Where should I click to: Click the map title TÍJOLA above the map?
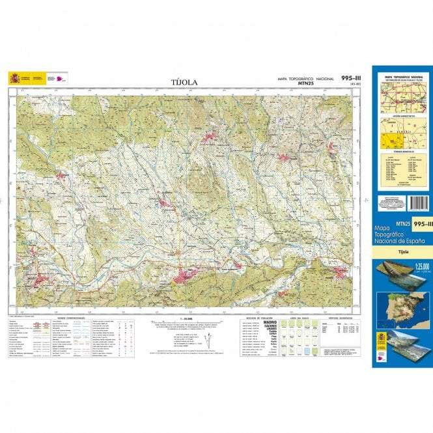click(184, 82)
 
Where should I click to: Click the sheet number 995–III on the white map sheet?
click(352, 78)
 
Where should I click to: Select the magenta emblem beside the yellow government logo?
click(61, 79)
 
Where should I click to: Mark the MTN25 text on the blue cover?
click(385, 225)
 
